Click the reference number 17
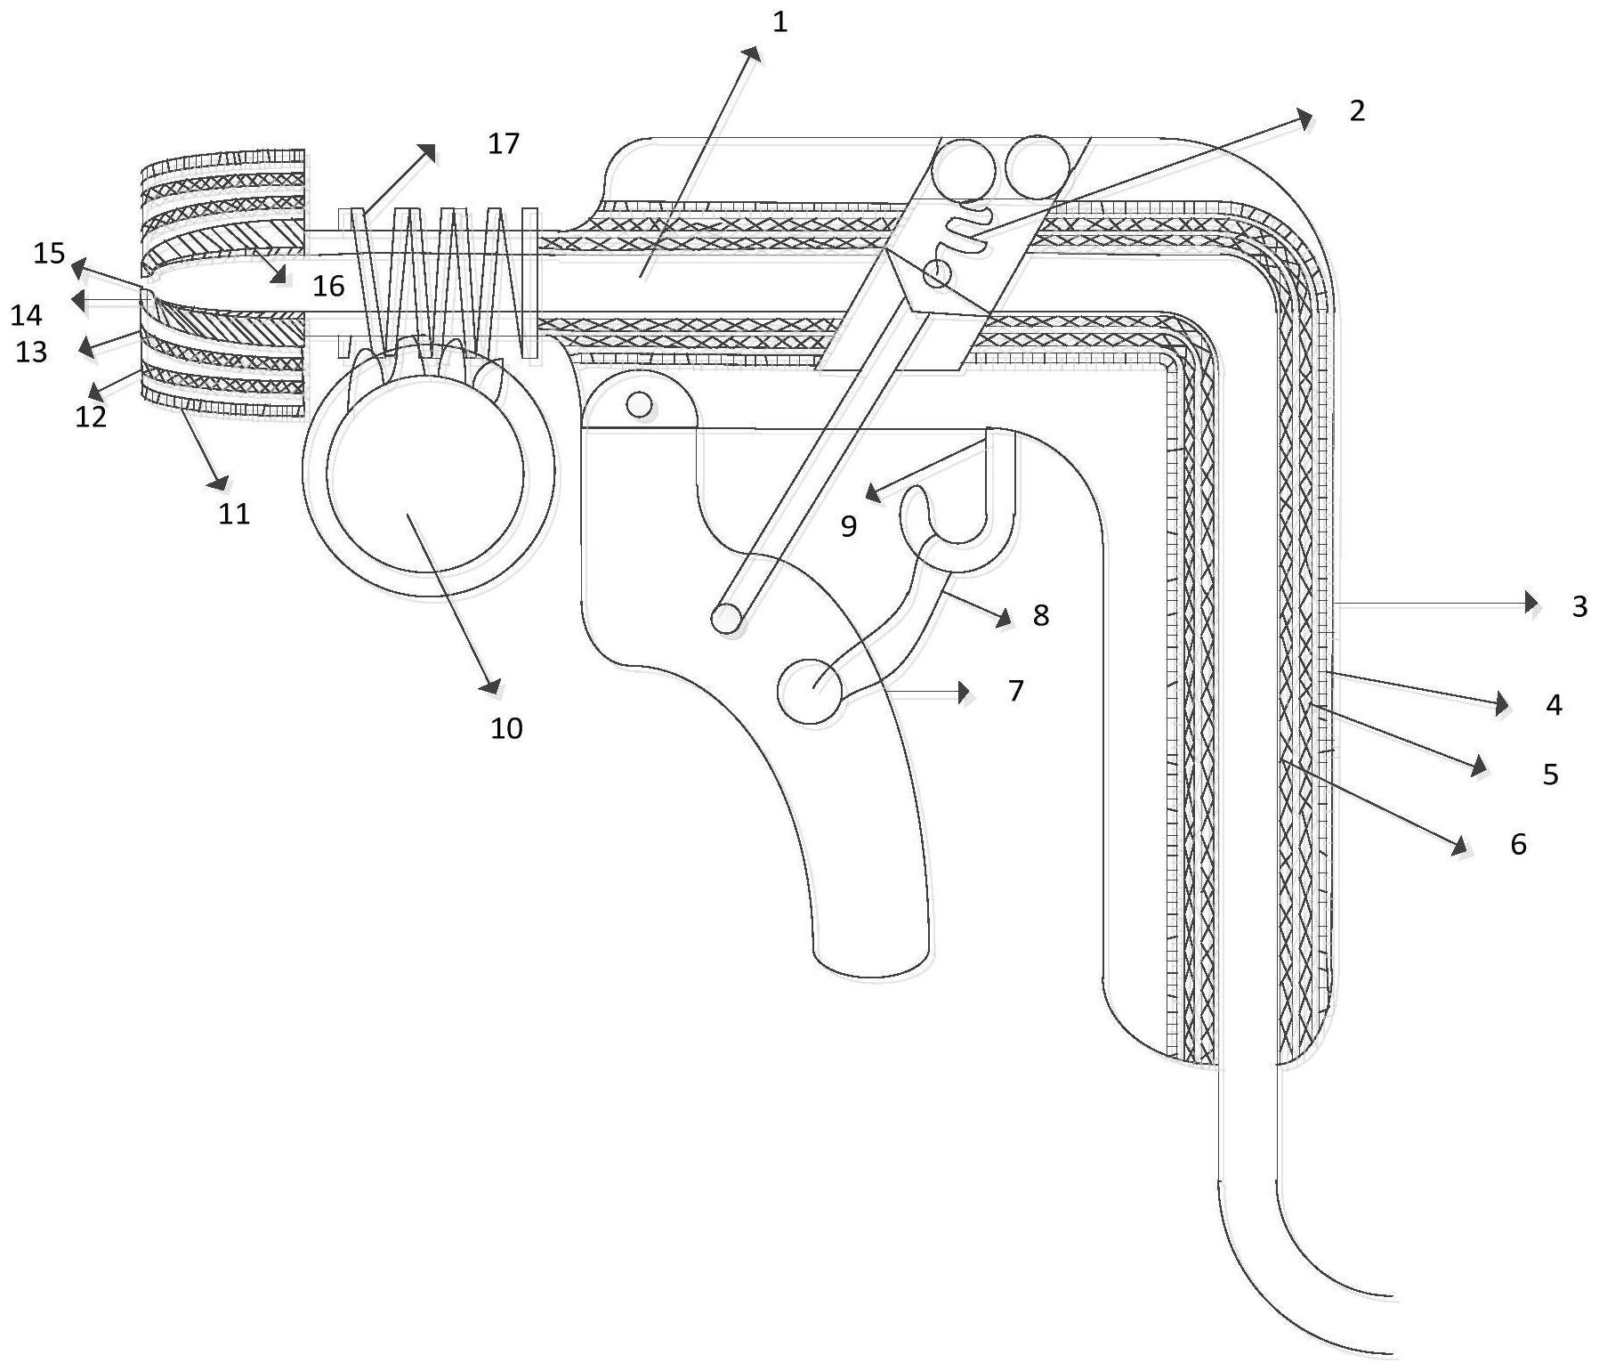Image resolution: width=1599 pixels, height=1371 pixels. pos(504,143)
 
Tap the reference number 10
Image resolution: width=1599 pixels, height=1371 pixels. pos(507,728)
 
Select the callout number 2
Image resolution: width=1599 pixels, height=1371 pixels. pos(1357,110)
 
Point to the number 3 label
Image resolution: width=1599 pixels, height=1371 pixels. pos(1579,606)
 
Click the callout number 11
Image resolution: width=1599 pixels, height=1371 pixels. pos(235,513)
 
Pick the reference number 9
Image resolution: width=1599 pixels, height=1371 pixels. pos(849,526)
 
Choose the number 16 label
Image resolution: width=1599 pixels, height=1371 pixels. pos(328,286)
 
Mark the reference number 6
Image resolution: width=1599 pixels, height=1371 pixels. pos(1518,844)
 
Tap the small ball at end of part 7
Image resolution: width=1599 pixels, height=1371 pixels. pos(810,690)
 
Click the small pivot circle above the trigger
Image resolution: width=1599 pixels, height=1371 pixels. pos(639,405)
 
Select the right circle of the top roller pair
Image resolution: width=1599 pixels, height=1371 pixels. pos(1038,167)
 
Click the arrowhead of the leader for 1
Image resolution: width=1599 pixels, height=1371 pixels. pos(753,55)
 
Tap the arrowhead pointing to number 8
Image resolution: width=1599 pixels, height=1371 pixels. pos(1004,619)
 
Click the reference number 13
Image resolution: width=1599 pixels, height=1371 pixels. pos(31,352)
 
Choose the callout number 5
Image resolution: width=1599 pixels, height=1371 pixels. pos(1551,775)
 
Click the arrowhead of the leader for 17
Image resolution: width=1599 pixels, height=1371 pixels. pos(427,153)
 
